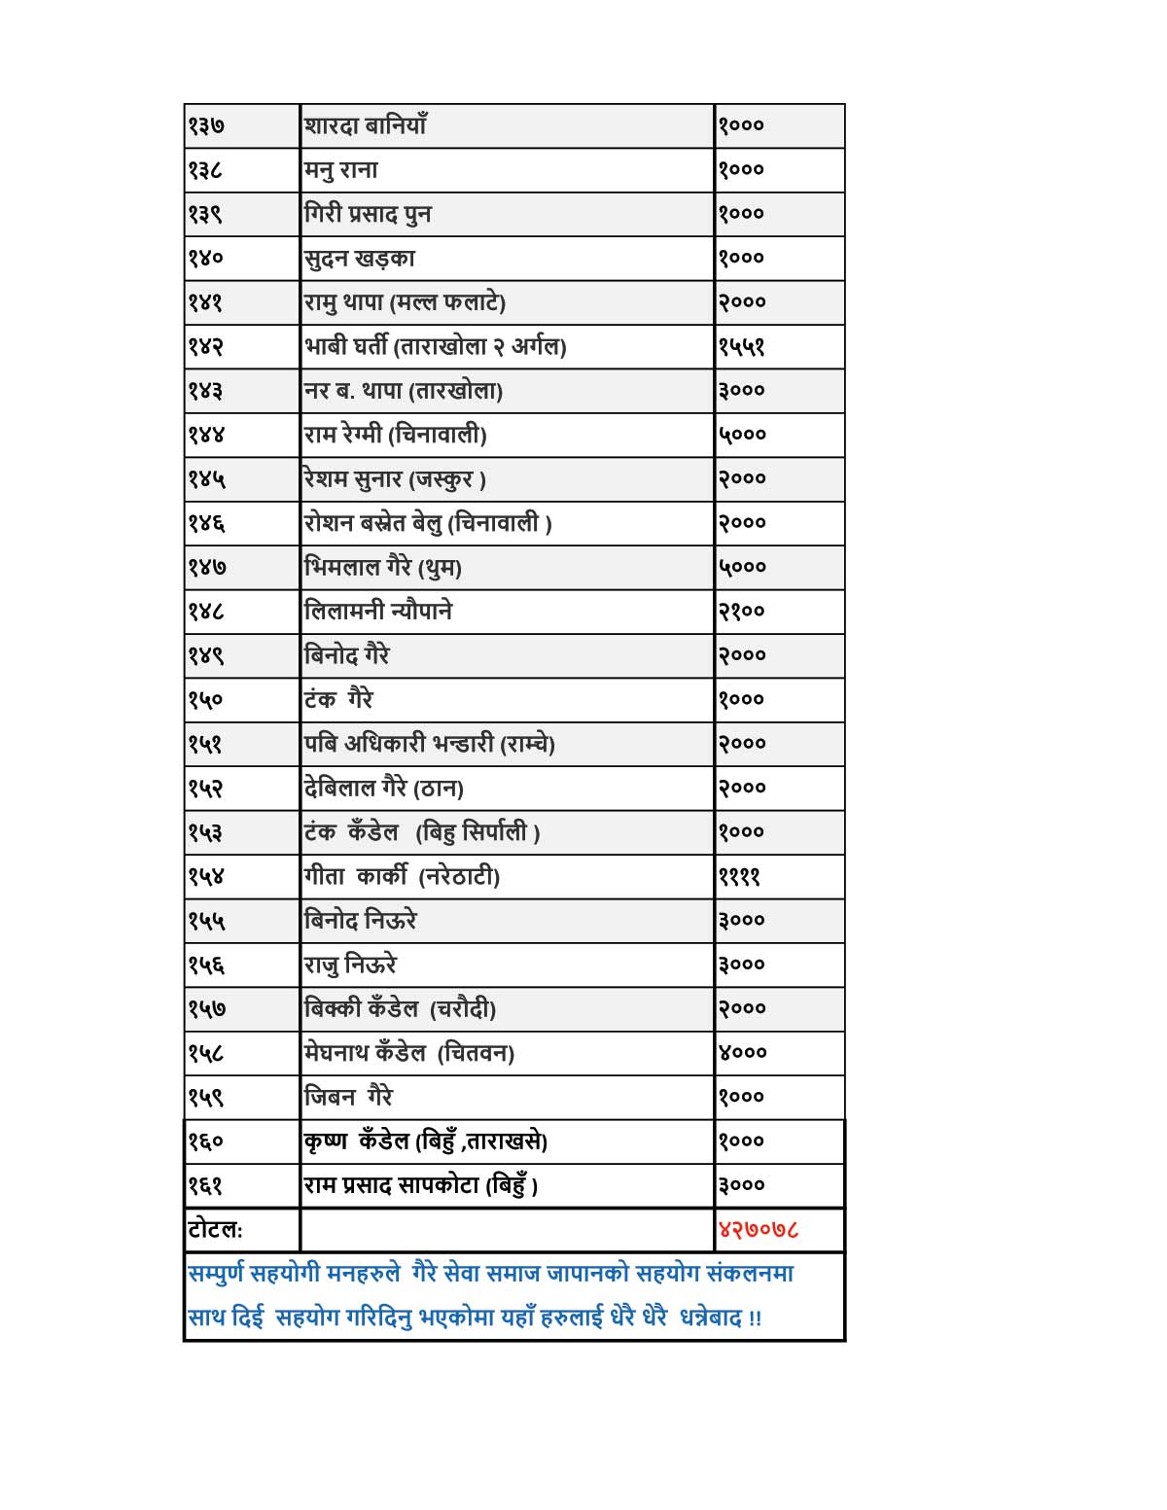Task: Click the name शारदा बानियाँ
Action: [366, 125]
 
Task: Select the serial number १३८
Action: [205, 170]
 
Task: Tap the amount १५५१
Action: [742, 347]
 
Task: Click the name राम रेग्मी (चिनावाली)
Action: [395, 435]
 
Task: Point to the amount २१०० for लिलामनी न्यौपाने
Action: [742, 612]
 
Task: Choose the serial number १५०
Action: [205, 700]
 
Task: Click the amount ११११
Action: [739, 877]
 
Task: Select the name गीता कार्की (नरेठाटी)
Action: [402, 877]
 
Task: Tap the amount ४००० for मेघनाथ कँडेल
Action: [743, 1053]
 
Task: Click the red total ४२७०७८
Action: [759, 1230]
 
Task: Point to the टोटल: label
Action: [215, 1230]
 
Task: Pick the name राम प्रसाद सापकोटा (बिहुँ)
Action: [421, 1186]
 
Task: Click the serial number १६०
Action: [205, 1141]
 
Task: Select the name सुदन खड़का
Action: [360, 259]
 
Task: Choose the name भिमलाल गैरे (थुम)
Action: [383, 567]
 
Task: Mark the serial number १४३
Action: [205, 391]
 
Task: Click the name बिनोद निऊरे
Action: [361, 921]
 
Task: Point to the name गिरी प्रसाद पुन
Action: [368, 214]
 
